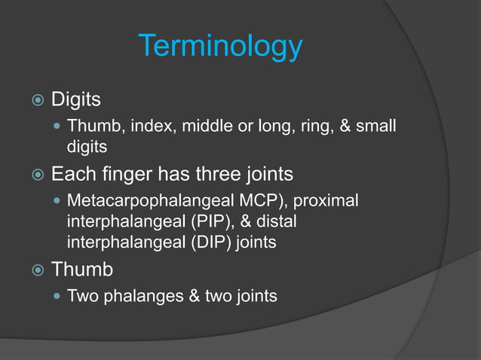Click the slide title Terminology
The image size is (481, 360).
coord(220,47)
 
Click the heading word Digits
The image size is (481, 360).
coord(76,99)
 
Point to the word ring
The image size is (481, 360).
coord(311,126)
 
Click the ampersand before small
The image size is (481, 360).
coord(346,126)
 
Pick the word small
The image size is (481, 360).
coord(376,126)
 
